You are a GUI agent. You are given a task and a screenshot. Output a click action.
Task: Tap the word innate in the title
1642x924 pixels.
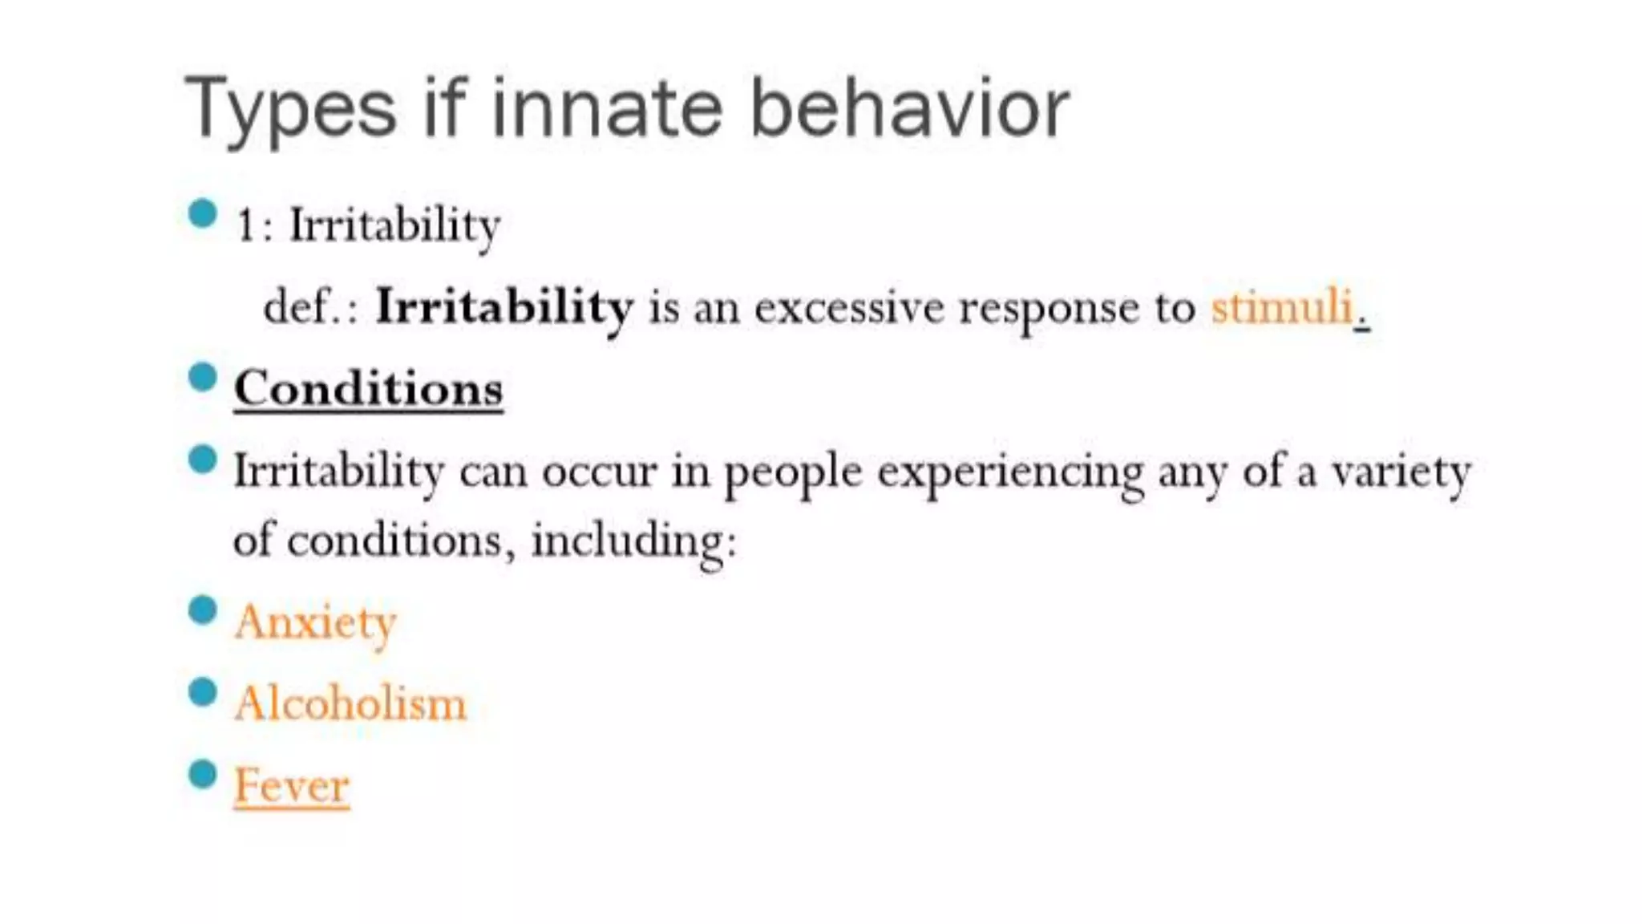pyautogui.click(x=607, y=108)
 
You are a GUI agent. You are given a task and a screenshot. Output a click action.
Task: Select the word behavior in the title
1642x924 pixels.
pyautogui.click(x=909, y=108)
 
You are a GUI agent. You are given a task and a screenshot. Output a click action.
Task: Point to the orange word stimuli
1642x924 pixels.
pyautogui.click(x=1281, y=306)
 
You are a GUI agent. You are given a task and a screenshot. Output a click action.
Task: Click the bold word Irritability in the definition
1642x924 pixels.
pyautogui.click(x=504, y=306)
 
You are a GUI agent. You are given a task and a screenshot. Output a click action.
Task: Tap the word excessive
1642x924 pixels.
pyautogui.click(x=848, y=306)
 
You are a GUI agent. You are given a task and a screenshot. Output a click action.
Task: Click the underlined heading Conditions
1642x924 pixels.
pyautogui.click(x=368, y=389)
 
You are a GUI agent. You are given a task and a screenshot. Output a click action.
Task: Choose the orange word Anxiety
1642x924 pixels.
pyautogui.click(x=315, y=622)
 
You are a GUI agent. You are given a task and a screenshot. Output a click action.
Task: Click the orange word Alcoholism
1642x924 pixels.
pyautogui.click(x=350, y=703)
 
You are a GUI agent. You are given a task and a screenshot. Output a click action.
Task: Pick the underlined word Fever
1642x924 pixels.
pyautogui.click(x=291, y=785)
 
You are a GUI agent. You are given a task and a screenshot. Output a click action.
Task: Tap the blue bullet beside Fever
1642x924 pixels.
pyautogui.click(x=203, y=774)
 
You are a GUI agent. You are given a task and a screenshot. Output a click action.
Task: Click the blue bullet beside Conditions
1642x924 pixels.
pyautogui.click(x=203, y=377)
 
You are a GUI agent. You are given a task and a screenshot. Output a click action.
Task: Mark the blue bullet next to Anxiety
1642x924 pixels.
pyautogui.click(x=203, y=610)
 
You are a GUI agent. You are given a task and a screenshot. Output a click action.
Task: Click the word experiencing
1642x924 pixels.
pyautogui.click(x=1010, y=472)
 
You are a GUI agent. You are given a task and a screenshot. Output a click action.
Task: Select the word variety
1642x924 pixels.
pyautogui.click(x=1401, y=472)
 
